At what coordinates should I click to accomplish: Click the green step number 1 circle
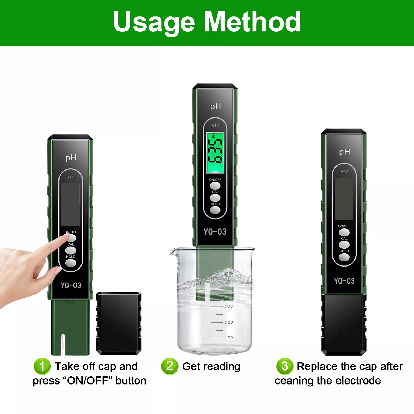coord(42,366)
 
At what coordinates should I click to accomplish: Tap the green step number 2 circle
coord(170,366)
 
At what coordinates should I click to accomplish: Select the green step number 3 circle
coord(285,366)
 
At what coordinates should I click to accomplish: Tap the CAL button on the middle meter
coord(215,198)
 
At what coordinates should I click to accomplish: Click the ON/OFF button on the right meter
coord(344,232)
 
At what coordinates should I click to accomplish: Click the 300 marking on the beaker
coord(228,306)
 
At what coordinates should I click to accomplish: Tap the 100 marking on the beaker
coord(228,338)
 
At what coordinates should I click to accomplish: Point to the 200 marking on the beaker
coord(228,322)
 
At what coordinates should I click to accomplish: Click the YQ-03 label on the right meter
coord(344,281)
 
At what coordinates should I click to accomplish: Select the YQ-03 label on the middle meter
coord(215,232)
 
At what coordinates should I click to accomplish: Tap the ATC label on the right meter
coord(344,171)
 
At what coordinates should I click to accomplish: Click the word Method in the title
coord(253,22)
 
